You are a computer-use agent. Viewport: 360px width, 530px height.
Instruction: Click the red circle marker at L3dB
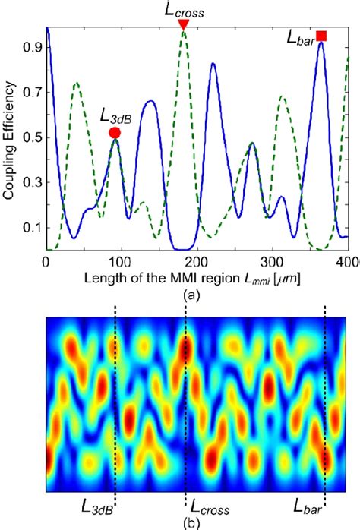(x=115, y=133)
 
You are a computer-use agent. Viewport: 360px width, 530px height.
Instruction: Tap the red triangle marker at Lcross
(x=183, y=25)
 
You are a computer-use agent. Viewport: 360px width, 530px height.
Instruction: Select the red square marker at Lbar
(x=321, y=36)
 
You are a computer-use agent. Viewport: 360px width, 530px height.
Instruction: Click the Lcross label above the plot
(x=183, y=9)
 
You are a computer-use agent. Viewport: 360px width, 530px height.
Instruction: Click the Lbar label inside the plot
(x=303, y=36)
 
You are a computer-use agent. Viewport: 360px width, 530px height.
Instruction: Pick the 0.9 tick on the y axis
(x=33, y=46)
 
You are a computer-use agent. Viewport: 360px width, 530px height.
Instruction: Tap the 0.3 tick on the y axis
(x=33, y=183)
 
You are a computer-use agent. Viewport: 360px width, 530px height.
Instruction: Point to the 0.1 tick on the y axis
(x=33, y=228)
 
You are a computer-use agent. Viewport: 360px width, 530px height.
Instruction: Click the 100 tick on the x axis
(x=122, y=261)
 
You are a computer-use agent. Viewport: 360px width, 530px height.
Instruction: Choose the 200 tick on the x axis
(x=197, y=261)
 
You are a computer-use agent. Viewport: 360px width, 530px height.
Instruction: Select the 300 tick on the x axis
(x=272, y=261)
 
